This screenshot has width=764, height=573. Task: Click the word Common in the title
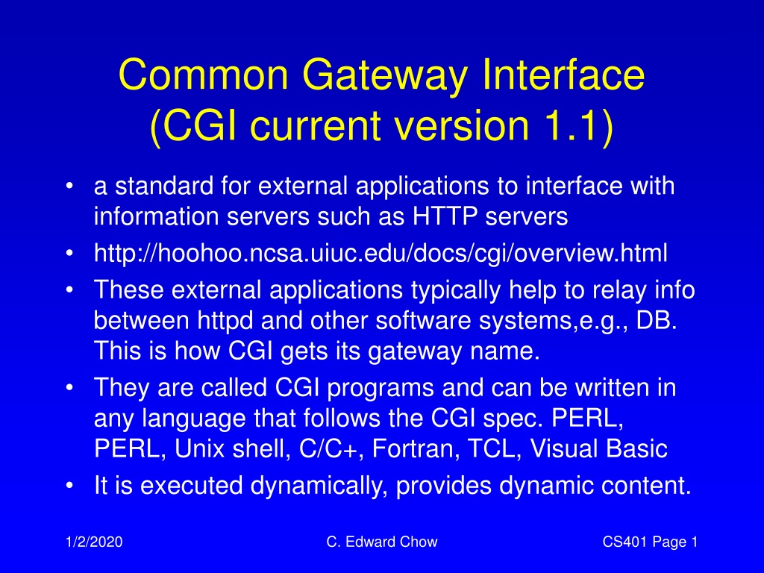click(x=204, y=75)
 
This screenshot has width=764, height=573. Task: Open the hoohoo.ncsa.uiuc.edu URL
click(x=381, y=254)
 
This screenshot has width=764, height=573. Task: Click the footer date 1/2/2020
click(x=94, y=542)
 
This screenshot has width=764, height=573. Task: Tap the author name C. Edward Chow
click(x=382, y=542)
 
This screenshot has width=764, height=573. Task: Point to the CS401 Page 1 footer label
click(x=650, y=542)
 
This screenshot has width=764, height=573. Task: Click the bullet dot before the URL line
click(x=69, y=254)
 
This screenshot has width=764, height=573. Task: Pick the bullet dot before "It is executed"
click(x=69, y=485)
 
